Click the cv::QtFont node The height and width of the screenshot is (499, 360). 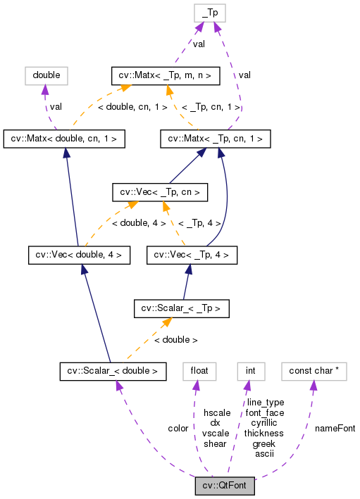[225, 486]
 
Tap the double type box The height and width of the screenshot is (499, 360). [46, 74]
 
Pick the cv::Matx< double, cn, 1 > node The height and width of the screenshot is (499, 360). [65, 139]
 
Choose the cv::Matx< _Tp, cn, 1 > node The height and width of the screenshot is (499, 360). [216, 139]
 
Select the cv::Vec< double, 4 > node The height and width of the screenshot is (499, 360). [78, 254]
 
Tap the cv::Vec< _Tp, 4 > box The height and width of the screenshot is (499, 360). [188, 254]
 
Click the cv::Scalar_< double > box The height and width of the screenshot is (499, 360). [113, 369]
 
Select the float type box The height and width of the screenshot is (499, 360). [199, 369]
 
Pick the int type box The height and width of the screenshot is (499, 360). [249, 369]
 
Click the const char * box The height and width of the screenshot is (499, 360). [314, 369]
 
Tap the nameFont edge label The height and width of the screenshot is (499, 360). [335, 428]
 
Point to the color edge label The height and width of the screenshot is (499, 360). [178, 428]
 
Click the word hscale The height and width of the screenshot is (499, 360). [216, 412]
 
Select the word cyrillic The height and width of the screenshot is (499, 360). [263, 422]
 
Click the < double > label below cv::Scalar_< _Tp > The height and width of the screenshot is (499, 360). [175, 339]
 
